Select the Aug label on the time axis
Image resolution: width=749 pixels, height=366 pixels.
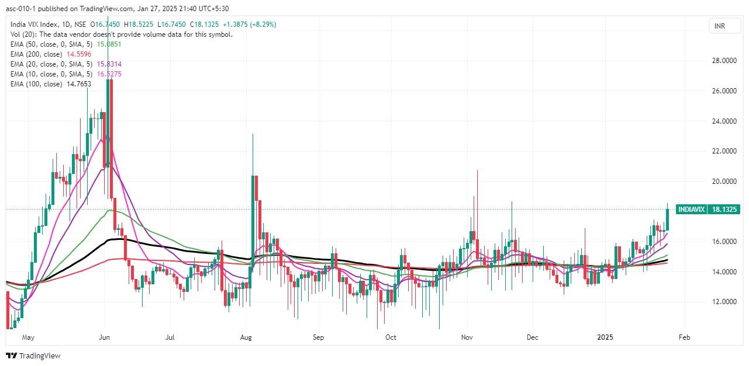tap(246, 337)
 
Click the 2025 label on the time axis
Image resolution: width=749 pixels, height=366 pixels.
tap(605, 337)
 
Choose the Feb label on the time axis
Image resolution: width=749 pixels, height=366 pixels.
tap(685, 337)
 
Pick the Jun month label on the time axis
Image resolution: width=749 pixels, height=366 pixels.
tap(105, 337)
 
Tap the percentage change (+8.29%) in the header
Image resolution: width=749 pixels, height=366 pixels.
tap(263, 24)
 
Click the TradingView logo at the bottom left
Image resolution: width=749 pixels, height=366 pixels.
tap(33, 355)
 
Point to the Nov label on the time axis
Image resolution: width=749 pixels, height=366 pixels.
tap(467, 337)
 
